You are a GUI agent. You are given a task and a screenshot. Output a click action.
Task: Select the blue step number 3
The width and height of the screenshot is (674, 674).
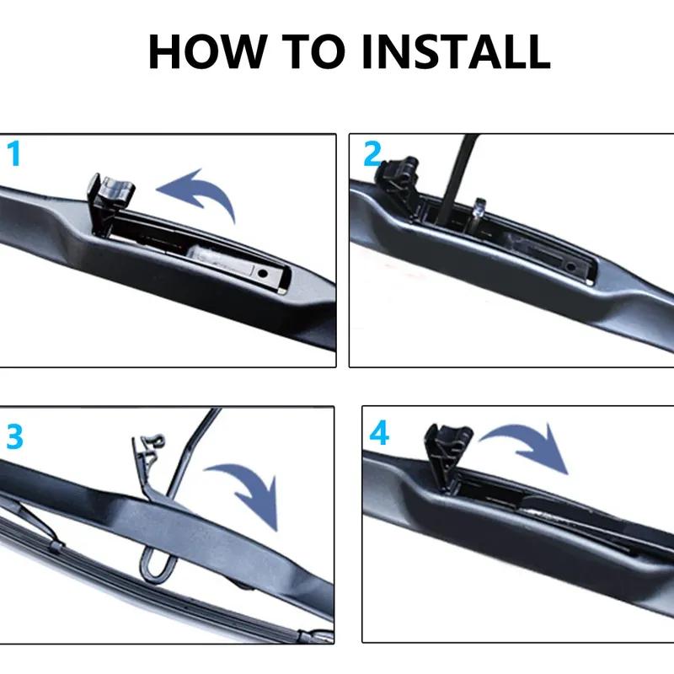point(14,438)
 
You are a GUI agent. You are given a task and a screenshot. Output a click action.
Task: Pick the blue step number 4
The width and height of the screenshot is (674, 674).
point(380,434)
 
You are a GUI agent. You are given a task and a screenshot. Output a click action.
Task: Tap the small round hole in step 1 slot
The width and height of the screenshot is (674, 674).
point(264,274)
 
